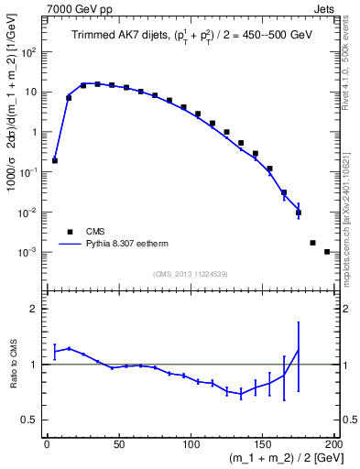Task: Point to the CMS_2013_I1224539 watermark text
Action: click(191, 273)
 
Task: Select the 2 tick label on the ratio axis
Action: click(37, 309)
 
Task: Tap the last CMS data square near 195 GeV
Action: click(327, 251)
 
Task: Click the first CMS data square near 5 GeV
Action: click(55, 160)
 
